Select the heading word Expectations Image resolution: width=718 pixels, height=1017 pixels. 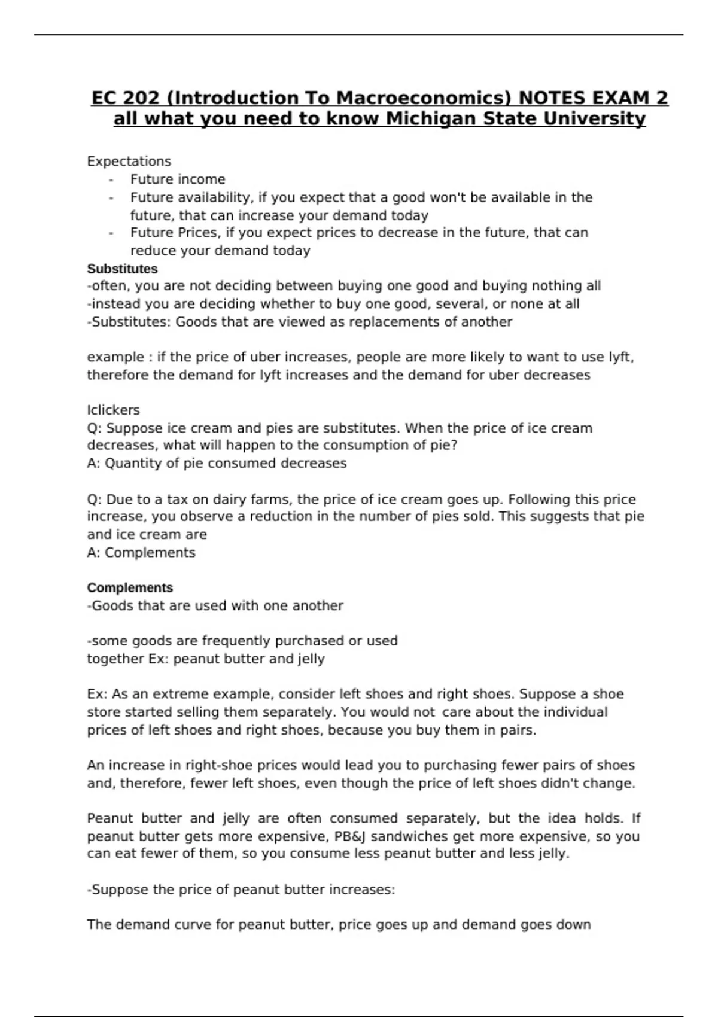click(x=129, y=161)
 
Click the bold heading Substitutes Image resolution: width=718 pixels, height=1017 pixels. click(x=122, y=269)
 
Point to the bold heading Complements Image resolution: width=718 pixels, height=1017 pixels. click(x=130, y=587)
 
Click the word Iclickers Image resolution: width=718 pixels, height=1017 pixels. click(x=113, y=410)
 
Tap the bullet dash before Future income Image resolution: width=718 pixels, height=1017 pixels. click(x=111, y=180)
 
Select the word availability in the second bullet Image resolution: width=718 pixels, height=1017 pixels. click(x=212, y=197)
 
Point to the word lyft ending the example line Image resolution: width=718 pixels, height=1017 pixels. click(x=620, y=357)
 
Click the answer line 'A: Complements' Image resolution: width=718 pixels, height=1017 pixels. click(x=141, y=552)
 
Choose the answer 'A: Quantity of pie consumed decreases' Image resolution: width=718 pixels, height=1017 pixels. click(x=217, y=463)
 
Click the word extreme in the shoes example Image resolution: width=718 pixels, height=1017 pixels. click(x=180, y=694)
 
